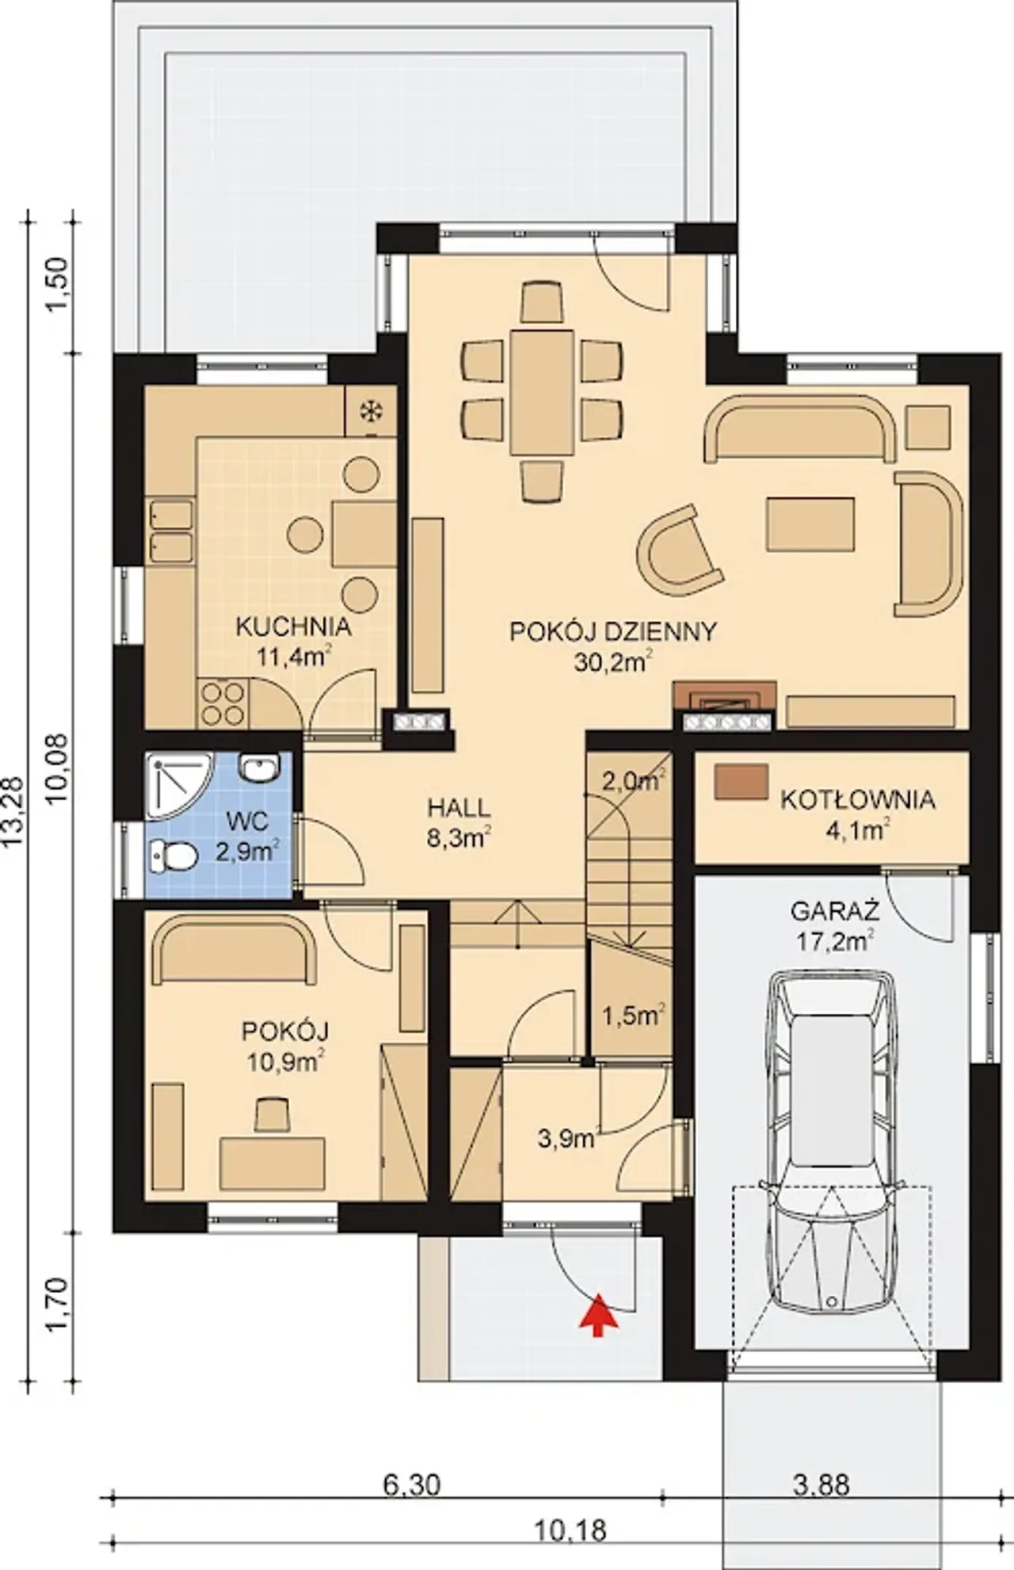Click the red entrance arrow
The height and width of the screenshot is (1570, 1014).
tap(600, 1315)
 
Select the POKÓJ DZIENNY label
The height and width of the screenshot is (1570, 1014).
tap(613, 631)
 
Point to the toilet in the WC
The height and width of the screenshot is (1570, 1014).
tap(173, 855)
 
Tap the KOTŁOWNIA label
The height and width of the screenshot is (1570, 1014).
tap(858, 800)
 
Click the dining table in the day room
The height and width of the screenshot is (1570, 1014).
tap(542, 393)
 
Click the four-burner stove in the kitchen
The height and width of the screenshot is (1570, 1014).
tap(222, 703)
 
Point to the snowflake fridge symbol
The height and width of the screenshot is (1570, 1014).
tap(368, 411)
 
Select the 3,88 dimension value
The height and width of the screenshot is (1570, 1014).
tap(821, 1484)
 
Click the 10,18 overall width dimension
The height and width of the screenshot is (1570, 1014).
tap(570, 1530)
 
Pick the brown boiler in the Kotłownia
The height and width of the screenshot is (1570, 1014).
tap(741, 782)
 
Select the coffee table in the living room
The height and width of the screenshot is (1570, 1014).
tap(810, 524)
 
